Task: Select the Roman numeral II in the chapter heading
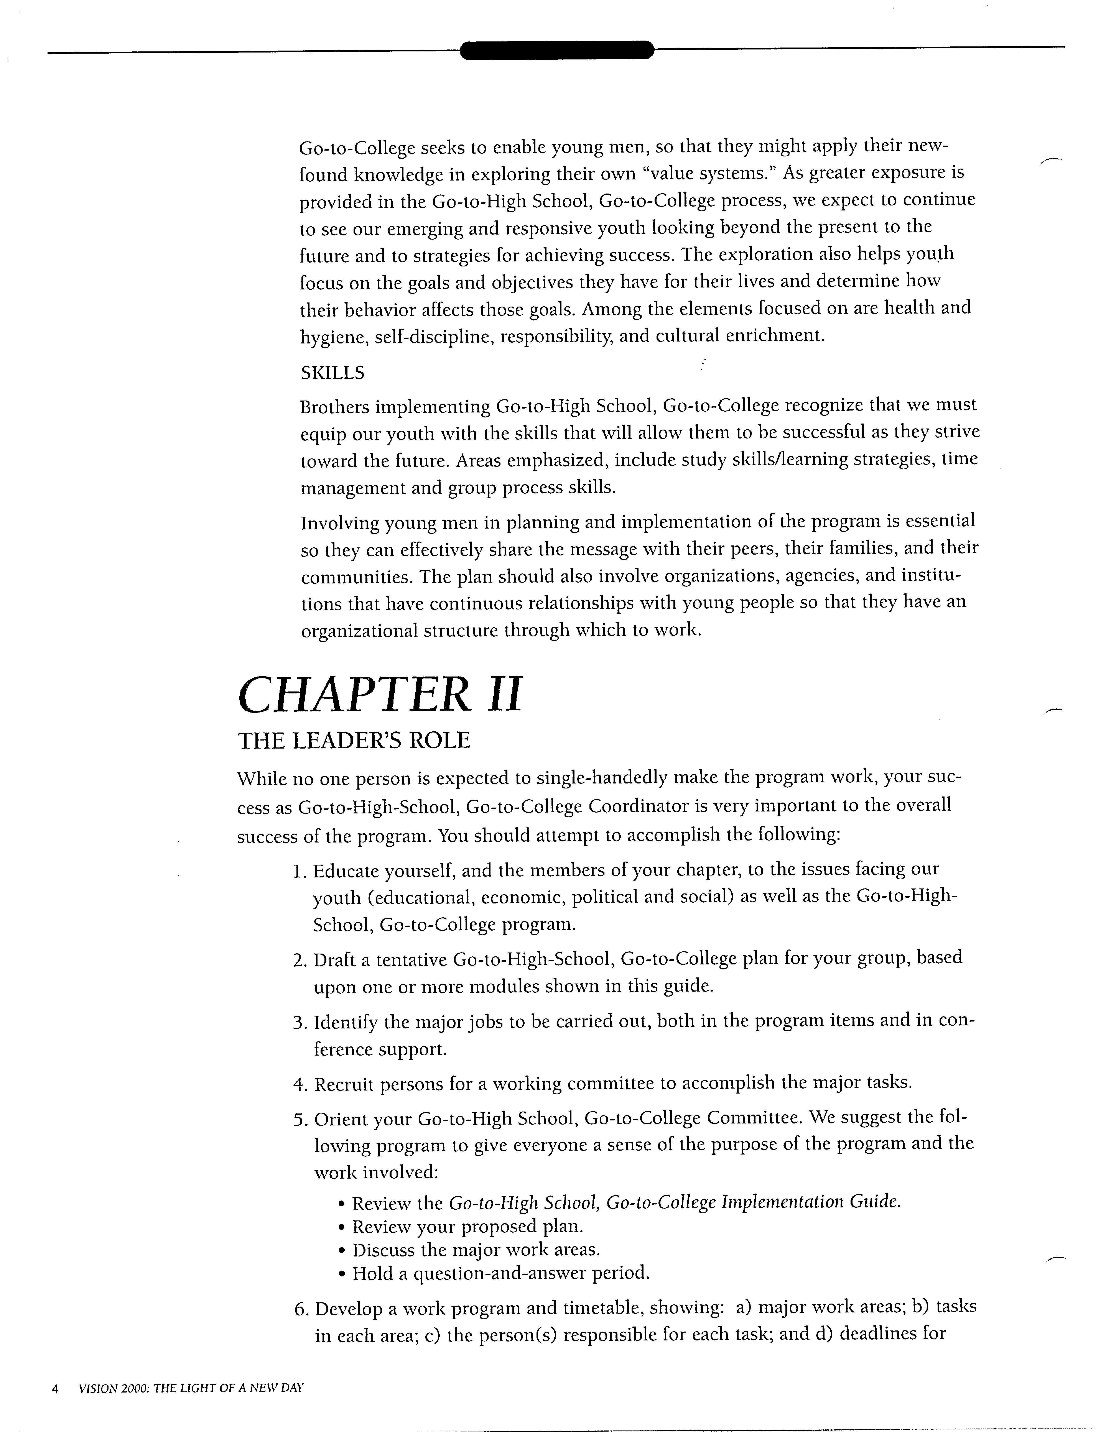[504, 695]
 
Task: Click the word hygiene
[331, 337]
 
